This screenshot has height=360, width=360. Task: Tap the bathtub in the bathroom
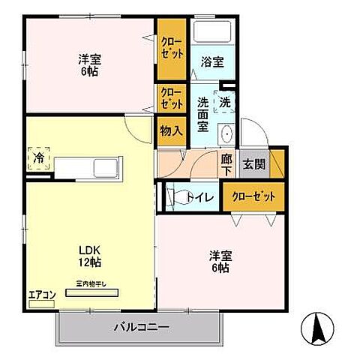pos(211,33)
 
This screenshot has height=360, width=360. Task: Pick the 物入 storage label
pos(172,130)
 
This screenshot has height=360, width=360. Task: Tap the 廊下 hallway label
pos(226,164)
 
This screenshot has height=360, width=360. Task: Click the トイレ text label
pos(205,197)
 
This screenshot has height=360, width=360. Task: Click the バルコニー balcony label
pos(141,326)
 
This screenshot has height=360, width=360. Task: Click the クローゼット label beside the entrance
pos(253,196)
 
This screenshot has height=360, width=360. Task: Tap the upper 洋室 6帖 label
pos(88,65)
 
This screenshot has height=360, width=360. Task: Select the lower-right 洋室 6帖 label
pos(219,262)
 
